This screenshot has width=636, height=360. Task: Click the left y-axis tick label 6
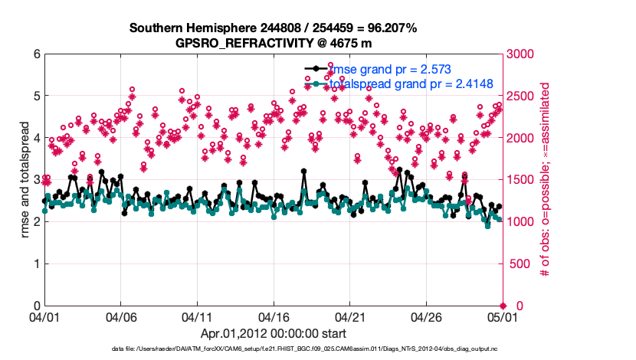(x=36, y=54)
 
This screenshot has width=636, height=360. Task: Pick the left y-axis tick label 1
(x=36, y=263)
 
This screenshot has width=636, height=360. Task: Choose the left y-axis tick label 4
(x=36, y=138)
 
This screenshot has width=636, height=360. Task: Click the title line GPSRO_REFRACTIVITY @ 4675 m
(x=274, y=43)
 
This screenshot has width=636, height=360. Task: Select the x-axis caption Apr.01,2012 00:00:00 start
(x=274, y=334)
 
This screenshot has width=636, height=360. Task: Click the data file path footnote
(x=274, y=349)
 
